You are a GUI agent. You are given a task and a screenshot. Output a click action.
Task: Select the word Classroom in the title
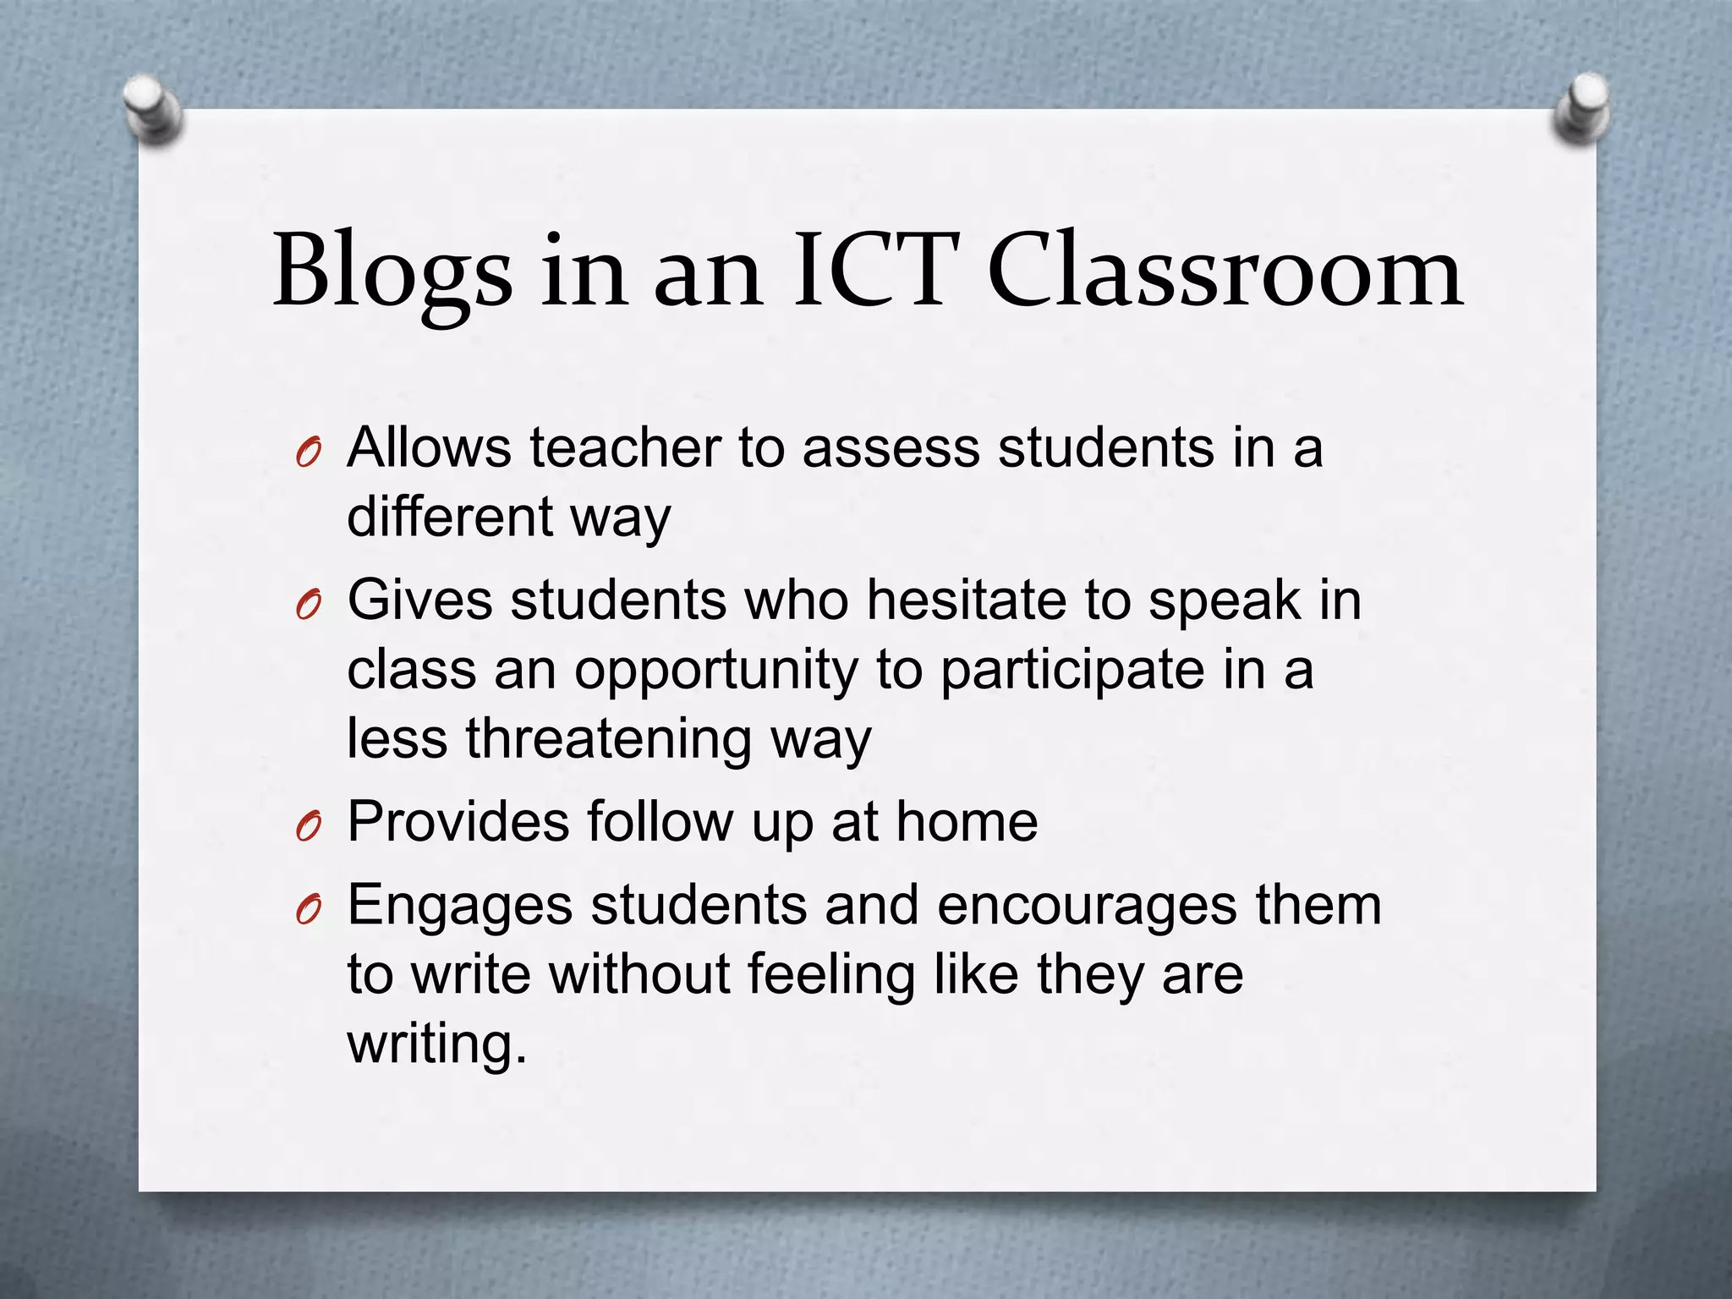[1225, 271]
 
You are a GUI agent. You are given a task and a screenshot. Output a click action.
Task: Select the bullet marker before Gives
[308, 607]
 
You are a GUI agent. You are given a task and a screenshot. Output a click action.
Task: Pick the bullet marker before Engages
[308, 912]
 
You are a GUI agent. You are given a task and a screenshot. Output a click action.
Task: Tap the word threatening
[608, 738]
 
